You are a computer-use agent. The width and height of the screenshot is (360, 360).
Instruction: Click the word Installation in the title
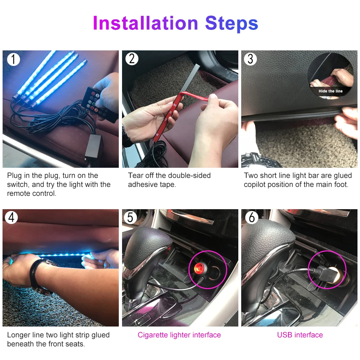pyautogui.click(x=145, y=23)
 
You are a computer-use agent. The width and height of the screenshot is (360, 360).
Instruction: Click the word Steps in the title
pyautogui.click(x=231, y=24)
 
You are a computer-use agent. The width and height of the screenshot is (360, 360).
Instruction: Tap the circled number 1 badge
pyautogui.click(x=13, y=59)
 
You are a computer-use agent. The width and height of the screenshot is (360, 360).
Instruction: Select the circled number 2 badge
pyautogui.click(x=132, y=59)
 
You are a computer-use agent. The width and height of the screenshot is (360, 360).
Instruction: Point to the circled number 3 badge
pyautogui.click(x=250, y=59)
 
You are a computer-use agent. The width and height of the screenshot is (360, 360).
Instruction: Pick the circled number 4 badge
pyautogui.click(x=11, y=217)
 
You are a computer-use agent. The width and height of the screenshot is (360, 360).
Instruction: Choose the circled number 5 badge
pyautogui.click(x=130, y=217)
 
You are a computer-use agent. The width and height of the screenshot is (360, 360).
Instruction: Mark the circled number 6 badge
pyautogui.click(x=252, y=217)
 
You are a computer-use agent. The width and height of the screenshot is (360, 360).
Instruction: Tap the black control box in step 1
pyautogui.click(x=93, y=146)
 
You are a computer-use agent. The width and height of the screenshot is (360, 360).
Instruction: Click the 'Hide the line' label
pyautogui.click(x=330, y=91)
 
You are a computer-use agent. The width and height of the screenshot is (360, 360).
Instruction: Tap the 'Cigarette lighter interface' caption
pyautogui.click(x=179, y=335)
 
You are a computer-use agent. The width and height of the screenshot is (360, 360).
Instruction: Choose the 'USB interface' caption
pyautogui.click(x=300, y=335)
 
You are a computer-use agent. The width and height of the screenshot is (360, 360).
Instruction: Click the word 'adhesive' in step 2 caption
pyautogui.click(x=143, y=185)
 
